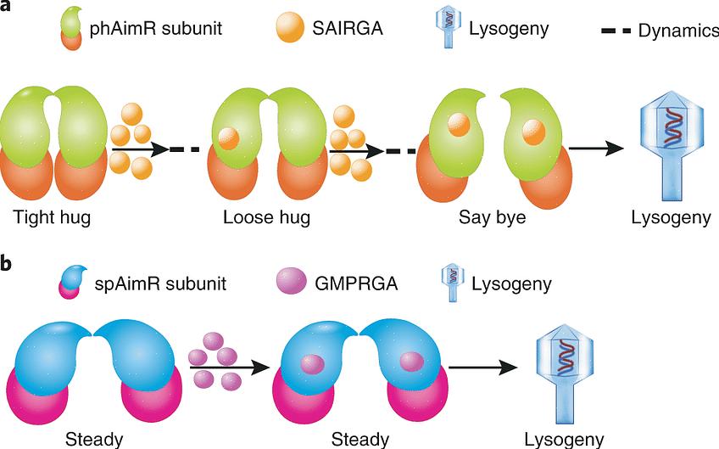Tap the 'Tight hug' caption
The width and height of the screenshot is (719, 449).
pyautogui.click(x=52, y=217)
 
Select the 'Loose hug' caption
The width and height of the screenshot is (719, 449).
pyautogui.click(x=266, y=217)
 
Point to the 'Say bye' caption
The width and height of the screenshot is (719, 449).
pyautogui.click(x=493, y=217)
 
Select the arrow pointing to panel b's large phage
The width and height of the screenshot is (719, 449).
pyautogui.click(x=483, y=368)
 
